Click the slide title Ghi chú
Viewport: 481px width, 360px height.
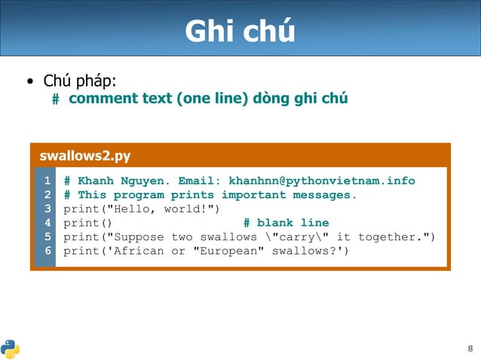coord(240,32)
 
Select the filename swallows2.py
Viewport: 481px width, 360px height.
coord(84,156)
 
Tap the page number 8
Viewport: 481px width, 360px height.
coord(470,348)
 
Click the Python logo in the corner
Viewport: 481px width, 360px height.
coord(11,348)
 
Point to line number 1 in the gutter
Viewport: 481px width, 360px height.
coord(47,181)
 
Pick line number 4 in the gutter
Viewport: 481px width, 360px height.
coord(47,223)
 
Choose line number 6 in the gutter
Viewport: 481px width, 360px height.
coord(47,251)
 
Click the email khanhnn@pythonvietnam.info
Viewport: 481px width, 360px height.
coord(322,181)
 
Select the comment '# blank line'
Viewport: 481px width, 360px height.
coord(286,223)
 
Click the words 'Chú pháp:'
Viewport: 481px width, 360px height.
coord(78,81)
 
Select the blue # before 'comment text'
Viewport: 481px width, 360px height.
coord(55,99)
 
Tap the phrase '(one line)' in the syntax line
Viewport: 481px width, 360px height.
coord(212,99)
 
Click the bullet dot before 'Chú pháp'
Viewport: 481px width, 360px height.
coord(29,81)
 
